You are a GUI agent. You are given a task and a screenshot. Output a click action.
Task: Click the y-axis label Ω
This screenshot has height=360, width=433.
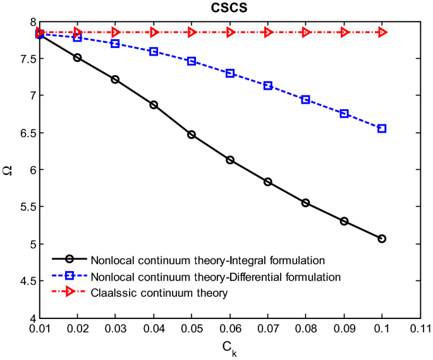(x=8, y=169)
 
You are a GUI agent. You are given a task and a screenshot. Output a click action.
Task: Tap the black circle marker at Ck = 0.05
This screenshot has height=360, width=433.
(x=192, y=135)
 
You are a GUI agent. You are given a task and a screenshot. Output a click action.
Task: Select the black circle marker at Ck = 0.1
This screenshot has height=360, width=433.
(x=382, y=239)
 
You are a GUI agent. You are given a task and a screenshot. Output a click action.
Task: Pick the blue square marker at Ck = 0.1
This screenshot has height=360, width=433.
(x=382, y=128)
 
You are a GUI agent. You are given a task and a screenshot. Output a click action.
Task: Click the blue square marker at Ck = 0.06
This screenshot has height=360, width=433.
(x=230, y=73)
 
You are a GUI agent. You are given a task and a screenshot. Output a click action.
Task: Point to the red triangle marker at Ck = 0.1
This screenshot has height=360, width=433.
(x=382, y=32)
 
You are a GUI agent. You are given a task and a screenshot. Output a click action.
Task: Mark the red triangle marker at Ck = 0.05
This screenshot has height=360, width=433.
(x=192, y=32)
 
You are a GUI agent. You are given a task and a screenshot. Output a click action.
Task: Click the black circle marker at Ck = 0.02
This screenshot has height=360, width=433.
(x=77, y=57)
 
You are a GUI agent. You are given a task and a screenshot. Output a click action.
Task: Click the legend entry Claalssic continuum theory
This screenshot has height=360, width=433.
(x=158, y=293)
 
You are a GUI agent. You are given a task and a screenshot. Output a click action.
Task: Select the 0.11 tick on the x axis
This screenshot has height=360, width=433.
(x=420, y=328)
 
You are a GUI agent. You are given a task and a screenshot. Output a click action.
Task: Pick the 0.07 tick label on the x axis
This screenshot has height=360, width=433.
(x=267, y=328)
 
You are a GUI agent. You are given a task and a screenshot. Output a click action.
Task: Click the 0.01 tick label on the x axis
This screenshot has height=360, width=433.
(x=39, y=328)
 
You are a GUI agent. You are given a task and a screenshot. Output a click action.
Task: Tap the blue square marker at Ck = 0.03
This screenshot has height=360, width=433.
(x=115, y=44)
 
